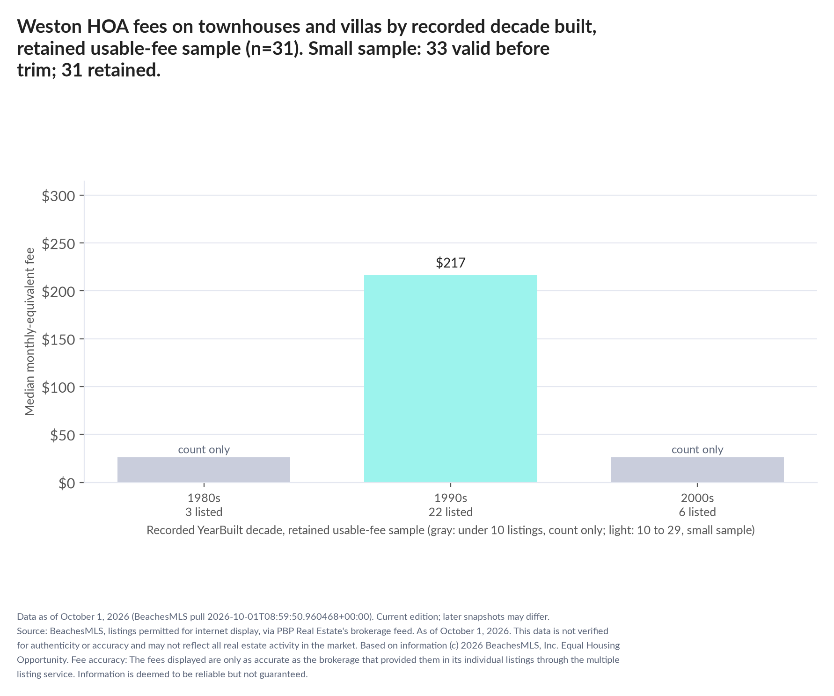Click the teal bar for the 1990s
click(450, 378)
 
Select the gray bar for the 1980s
click(204, 469)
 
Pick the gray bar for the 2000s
click(697, 469)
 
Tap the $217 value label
click(451, 263)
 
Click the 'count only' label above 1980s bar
click(204, 449)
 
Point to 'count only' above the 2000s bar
click(697, 449)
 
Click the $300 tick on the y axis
click(59, 196)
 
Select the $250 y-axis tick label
click(59, 243)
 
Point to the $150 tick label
click(59, 339)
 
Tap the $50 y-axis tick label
click(62, 435)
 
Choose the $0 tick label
click(67, 483)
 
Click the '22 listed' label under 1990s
click(451, 512)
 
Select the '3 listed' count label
click(204, 512)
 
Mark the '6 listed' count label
click(697, 512)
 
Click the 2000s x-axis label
click(697, 498)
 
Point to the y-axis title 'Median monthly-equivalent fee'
click(30, 331)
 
